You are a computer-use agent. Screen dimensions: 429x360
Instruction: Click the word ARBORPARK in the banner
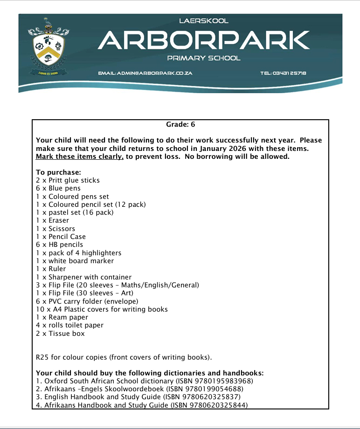(204, 41)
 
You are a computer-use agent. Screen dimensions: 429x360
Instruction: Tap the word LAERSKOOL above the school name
(204, 21)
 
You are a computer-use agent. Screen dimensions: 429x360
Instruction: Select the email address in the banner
(145, 74)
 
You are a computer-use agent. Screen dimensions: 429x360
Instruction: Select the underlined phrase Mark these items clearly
(80, 157)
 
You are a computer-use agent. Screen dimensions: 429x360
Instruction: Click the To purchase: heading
(58, 172)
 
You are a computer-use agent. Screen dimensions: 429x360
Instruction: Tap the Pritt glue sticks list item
(68, 180)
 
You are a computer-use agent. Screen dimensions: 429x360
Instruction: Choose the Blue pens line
(58, 188)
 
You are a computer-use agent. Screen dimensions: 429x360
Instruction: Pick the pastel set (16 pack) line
(75, 212)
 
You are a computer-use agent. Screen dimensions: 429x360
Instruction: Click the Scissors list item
(55, 229)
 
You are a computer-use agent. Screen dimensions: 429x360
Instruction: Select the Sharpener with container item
(84, 277)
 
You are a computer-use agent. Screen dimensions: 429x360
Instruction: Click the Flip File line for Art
(84, 293)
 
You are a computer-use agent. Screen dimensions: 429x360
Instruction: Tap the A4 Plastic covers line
(102, 309)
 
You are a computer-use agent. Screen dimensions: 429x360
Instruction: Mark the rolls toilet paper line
(70, 325)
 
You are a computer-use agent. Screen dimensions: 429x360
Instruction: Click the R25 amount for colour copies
(42, 358)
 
